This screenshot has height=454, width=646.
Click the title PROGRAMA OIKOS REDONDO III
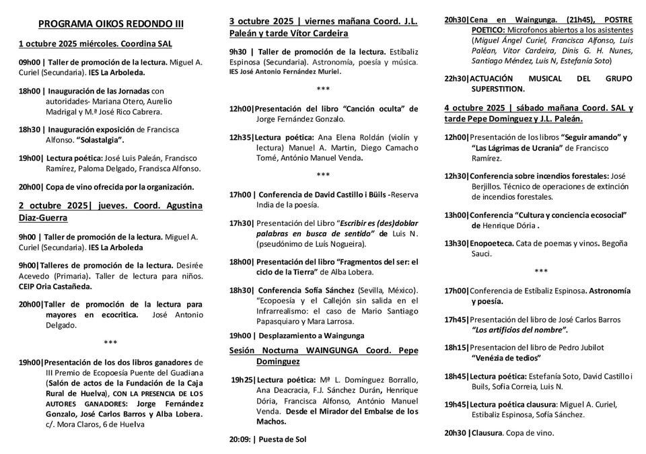pos(110,24)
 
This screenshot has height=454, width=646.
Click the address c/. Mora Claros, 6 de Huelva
pos(95,424)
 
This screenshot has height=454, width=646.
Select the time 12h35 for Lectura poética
pos(241,137)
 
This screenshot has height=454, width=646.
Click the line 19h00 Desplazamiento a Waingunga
pos(297,336)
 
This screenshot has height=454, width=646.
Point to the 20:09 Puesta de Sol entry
pos(267,439)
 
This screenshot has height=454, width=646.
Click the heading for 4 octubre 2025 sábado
pos(538,113)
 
